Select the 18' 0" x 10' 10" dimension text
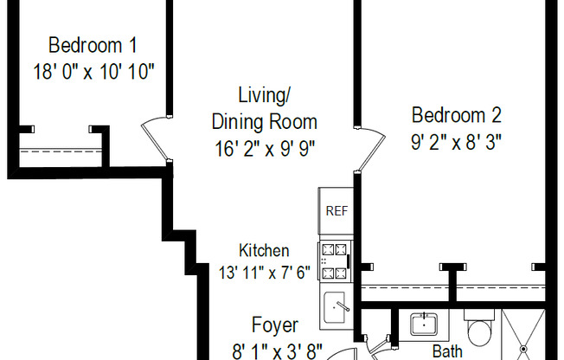tap(93, 72)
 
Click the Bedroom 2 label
tap(456, 115)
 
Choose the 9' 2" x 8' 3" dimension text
tap(456, 140)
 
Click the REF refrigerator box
tap(335, 210)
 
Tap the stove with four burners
tap(335, 261)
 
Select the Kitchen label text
tap(264, 250)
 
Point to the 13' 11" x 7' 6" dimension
tap(264, 272)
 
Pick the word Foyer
tap(274, 326)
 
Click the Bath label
tap(447, 351)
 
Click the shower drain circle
tap(523, 350)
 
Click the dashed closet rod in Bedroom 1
tap(56, 151)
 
